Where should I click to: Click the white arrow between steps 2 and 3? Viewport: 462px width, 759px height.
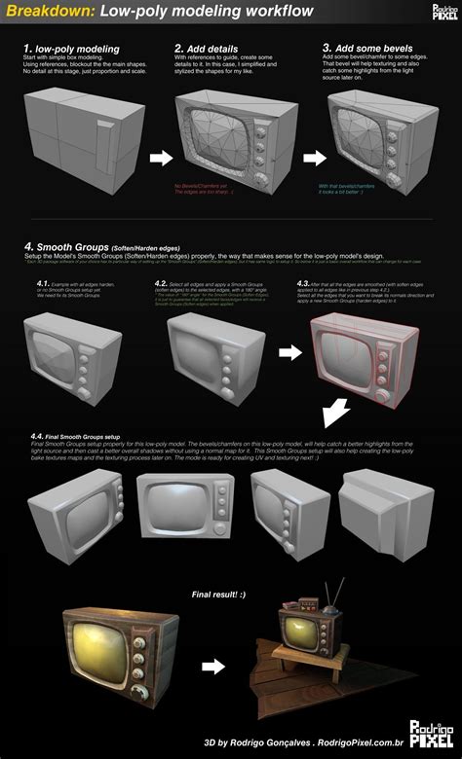tap(313, 156)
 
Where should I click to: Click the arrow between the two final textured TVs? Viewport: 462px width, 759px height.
tap(214, 667)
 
